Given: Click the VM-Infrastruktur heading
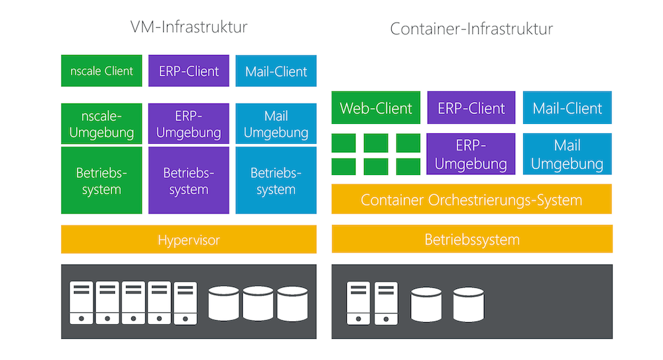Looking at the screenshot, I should (x=189, y=27).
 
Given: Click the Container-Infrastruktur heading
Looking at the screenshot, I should (x=471, y=29).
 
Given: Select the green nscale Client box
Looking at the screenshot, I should (x=101, y=71).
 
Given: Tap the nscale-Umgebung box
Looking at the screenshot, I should (x=101, y=124).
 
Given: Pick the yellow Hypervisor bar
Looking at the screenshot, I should (x=189, y=239).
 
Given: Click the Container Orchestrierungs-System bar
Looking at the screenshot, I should (x=471, y=200).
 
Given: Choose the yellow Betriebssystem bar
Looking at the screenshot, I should (x=471, y=239).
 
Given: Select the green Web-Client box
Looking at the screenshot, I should (x=376, y=108).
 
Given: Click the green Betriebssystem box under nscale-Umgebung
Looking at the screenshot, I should (x=101, y=180).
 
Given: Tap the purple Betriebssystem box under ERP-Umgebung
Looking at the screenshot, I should (x=189, y=180).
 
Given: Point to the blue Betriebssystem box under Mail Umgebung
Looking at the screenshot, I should (x=276, y=180).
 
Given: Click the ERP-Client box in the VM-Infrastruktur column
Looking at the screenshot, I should (x=189, y=71).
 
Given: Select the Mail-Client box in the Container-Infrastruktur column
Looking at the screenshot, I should (x=568, y=108).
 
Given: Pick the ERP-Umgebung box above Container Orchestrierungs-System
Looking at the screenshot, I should (x=471, y=154).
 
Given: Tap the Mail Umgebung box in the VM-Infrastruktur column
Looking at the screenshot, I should (x=276, y=124).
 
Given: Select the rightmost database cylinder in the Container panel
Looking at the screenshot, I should (x=468, y=304).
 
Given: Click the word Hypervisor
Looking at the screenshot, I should (x=189, y=239).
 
